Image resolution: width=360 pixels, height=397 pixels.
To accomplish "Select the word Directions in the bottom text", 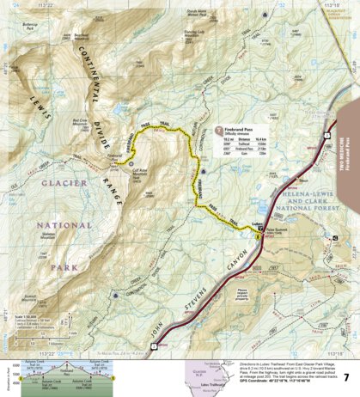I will (226, 365).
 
